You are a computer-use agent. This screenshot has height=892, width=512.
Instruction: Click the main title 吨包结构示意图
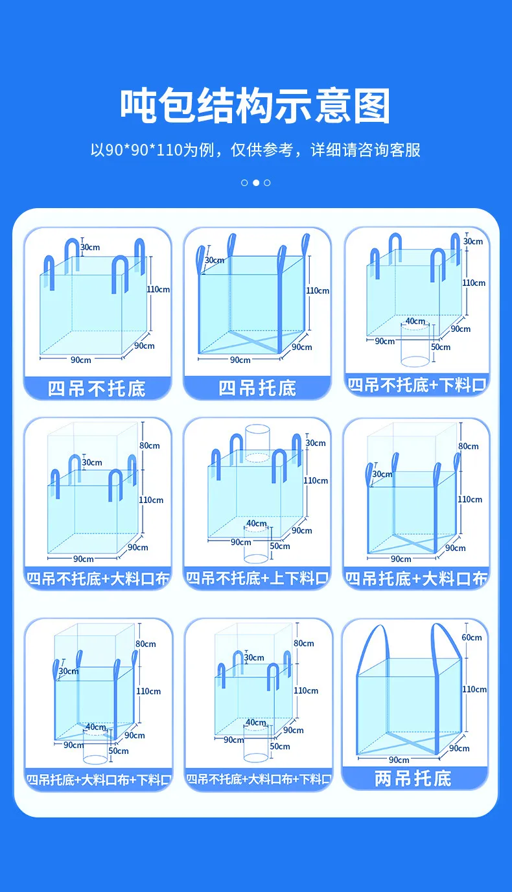(x=255, y=106)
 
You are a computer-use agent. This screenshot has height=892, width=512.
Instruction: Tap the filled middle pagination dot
(x=256, y=183)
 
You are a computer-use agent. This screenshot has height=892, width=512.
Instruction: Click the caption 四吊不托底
(x=97, y=388)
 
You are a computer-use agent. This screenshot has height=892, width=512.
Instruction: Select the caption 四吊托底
(x=257, y=388)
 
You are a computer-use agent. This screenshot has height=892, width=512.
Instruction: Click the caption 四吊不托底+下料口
(x=417, y=384)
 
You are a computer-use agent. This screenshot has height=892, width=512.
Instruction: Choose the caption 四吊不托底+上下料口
(x=257, y=578)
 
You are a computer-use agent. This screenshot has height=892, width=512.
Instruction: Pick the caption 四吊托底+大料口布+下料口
(x=99, y=779)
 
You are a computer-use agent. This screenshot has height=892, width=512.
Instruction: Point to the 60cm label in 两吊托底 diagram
(x=472, y=637)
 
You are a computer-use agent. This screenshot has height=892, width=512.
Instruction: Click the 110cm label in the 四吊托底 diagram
(x=318, y=290)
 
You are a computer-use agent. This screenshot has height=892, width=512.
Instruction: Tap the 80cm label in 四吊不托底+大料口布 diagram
(x=150, y=445)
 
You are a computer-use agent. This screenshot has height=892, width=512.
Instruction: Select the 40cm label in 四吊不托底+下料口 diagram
(x=415, y=321)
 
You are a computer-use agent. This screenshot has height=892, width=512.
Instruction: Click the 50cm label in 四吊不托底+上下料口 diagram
(x=280, y=546)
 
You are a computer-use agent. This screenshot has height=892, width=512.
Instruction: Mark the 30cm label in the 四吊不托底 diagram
(x=90, y=247)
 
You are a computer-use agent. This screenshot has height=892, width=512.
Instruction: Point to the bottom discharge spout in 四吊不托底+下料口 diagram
(x=415, y=346)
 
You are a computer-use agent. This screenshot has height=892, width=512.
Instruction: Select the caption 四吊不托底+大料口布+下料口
(x=259, y=779)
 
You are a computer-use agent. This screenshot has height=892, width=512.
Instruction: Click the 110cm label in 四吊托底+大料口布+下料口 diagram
(x=148, y=691)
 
